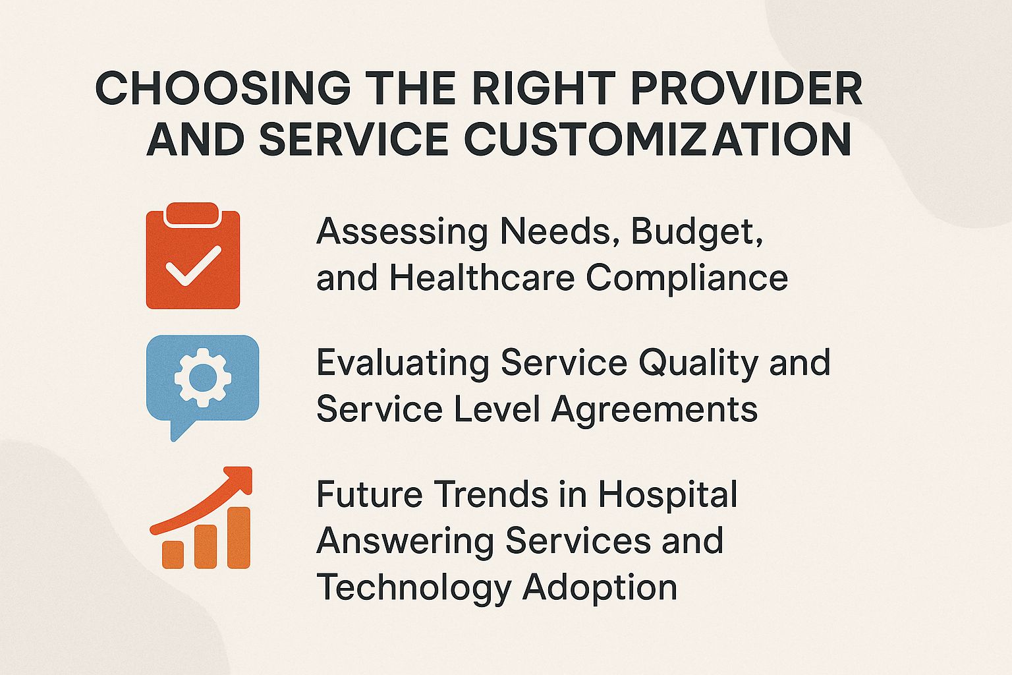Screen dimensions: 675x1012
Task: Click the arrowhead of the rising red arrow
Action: pos(240,477)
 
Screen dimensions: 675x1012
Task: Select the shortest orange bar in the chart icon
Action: pos(173,554)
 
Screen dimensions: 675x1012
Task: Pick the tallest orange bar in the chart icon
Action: pos(239,537)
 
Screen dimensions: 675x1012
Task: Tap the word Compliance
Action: pos(687,278)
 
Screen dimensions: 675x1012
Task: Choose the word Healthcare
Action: pos(482,278)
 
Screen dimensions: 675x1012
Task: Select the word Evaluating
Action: pos(403,364)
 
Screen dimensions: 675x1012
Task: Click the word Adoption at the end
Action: pos(600,587)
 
